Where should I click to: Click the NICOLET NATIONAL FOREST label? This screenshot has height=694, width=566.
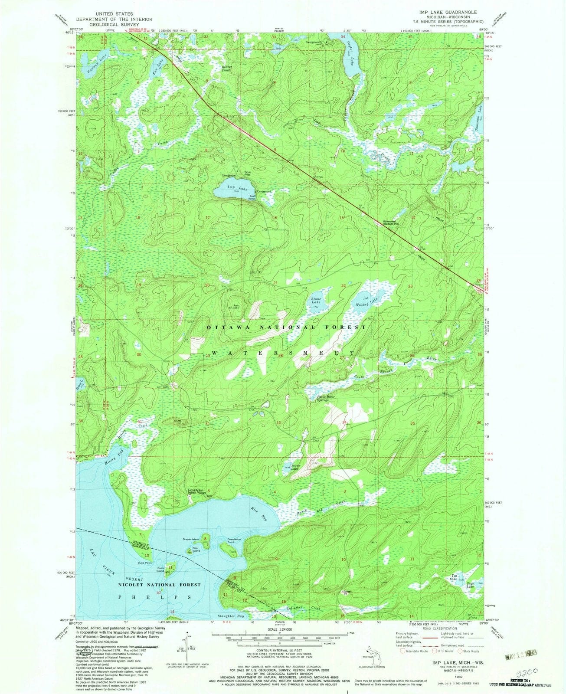point(160,585)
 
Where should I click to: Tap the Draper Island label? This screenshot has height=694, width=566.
point(191,539)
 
